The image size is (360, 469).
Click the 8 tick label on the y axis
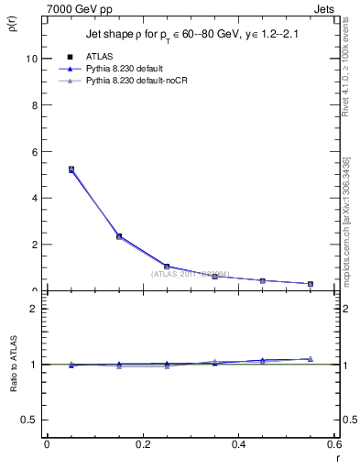tap(34, 104)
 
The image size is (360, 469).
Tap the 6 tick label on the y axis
tap(34, 151)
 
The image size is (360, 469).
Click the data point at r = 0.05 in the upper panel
tap(71, 169)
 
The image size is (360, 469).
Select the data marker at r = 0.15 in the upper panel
tap(119, 236)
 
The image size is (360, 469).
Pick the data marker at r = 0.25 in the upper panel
tap(167, 267)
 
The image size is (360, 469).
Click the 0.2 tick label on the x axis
tap(143, 444)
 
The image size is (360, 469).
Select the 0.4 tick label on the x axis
tap(239, 444)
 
